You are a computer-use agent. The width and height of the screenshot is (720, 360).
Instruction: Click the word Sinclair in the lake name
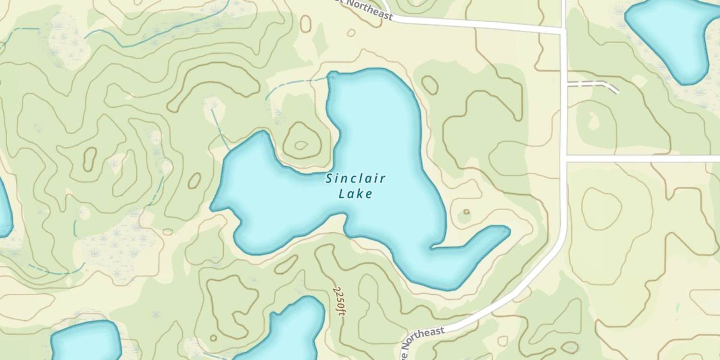click(355, 179)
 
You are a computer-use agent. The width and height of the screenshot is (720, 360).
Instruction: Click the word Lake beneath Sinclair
click(355, 194)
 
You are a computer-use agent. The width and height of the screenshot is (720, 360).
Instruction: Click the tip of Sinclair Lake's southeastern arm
click(506, 231)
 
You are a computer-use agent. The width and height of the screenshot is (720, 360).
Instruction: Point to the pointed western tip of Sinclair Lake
click(213, 208)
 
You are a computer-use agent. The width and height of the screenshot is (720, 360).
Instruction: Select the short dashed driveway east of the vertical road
click(593, 84)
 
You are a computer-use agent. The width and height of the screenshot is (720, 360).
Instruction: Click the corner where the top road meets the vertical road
click(564, 31)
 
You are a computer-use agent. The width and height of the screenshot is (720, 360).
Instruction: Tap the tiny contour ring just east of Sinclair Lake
click(466, 212)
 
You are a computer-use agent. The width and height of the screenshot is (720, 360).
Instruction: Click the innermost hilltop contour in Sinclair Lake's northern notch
click(301, 144)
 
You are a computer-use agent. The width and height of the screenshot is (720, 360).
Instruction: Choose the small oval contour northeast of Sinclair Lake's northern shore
click(430, 85)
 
